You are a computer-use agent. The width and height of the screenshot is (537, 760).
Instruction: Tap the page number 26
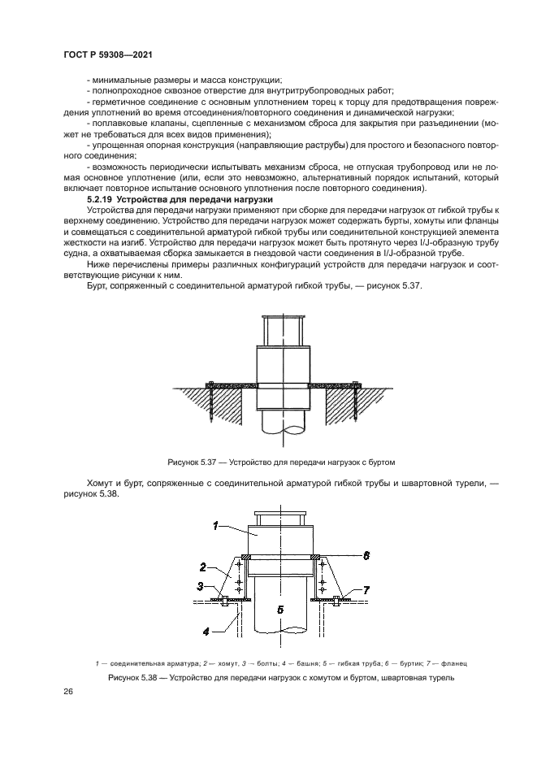point(68,691)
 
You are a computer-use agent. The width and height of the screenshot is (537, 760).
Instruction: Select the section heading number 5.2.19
point(100,199)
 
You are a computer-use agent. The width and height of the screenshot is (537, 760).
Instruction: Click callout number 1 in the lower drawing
point(215,526)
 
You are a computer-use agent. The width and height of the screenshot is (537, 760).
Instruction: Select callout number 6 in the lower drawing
point(366,555)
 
